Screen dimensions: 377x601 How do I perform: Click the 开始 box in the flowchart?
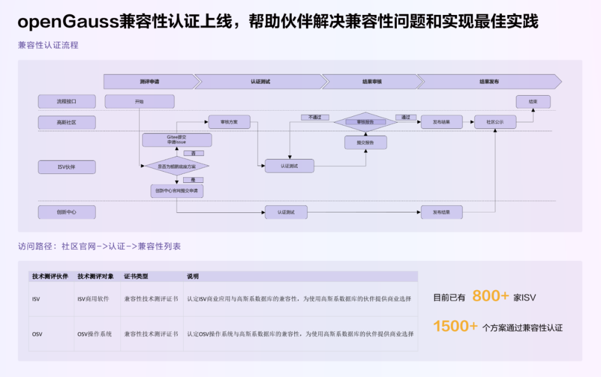pyautogui.click(x=139, y=102)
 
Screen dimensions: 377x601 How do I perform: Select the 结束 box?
pyautogui.click(x=533, y=102)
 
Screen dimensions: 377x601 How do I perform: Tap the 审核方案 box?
pyautogui.click(x=229, y=122)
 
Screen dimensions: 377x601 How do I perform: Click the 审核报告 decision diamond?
pyautogui.click(x=365, y=122)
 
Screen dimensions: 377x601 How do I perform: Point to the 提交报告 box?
pyautogui.click(x=365, y=143)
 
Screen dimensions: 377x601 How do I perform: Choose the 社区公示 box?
pyautogui.click(x=495, y=122)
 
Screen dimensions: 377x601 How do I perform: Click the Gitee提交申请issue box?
pyautogui.click(x=176, y=140)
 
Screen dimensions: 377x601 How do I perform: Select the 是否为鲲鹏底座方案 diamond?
pyautogui.click(x=176, y=166)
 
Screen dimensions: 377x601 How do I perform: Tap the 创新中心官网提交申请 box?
pyautogui.click(x=176, y=191)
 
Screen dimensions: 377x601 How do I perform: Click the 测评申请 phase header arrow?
pyautogui.click(x=150, y=82)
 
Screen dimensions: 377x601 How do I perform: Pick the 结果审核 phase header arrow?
pyautogui.click(x=372, y=82)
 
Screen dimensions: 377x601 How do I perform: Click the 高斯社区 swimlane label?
pyautogui.click(x=67, y=122)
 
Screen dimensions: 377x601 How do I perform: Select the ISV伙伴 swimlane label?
pyautogui.click(x=67, y=167)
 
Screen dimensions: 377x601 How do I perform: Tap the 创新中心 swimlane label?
pyautogui.click(x=67, y=212)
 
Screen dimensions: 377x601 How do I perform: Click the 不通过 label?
pyautogui.click(x=314, y=117)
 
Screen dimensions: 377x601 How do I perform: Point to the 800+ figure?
pyautogui.click(x=490, y=296)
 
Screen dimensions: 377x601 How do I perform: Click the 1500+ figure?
pyautogui.click(x=455, y=326)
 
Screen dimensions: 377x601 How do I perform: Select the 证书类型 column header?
pyautogui.click(x=136, y=276)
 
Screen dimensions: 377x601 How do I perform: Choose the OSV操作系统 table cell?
pyautogui.click(x=95, y=334)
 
